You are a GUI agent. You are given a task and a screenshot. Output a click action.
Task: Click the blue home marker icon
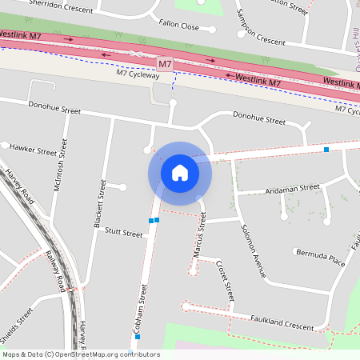(x=180, y=172)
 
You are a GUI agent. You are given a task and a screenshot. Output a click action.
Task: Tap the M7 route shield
(x=165, y=63)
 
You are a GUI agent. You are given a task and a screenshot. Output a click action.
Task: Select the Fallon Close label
(x=179, y=26)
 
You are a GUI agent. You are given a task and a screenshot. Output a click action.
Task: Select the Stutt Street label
(x=122, y=234)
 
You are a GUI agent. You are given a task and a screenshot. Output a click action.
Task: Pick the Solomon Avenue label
(x=253, y=250)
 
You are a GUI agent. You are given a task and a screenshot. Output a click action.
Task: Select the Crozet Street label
(x=224, y=280)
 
